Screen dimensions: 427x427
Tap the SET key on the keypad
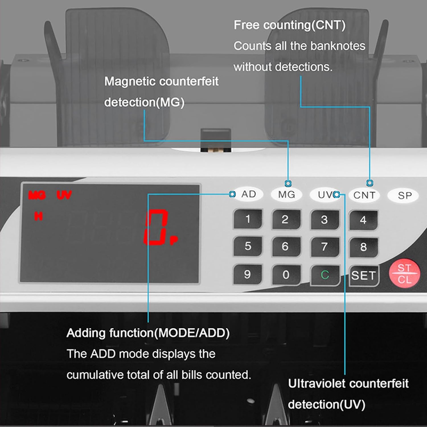click(364, 275)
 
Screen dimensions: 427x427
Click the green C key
click(325, 275)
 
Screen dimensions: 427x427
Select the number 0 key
click(286, 275)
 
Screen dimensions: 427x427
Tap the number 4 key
click(363, 220)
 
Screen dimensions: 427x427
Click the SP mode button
click(405, 196)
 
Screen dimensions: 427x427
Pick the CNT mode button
click(364, 195)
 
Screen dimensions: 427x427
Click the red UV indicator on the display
click(64, 195)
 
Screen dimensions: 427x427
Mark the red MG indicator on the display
click(37, 195)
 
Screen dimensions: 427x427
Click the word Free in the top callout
click(246, 25)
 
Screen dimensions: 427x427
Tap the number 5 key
click(248, 246)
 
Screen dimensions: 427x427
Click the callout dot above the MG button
click(288, 183)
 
